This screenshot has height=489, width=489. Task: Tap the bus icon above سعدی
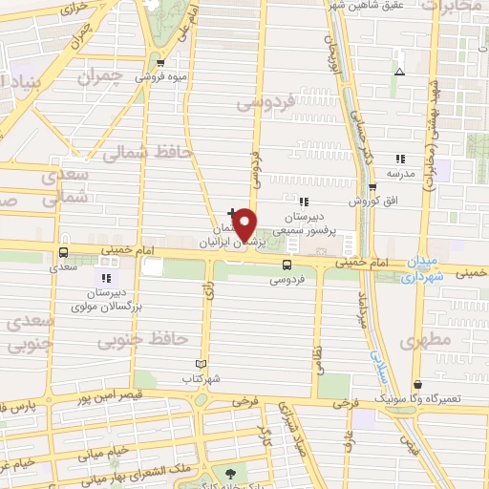pyautogui.click(x=63, y=253)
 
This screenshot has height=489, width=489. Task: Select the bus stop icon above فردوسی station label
pyautogui.click(x=287, y=265)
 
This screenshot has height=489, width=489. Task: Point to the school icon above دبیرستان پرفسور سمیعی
pyautogui.click(x=304, y=202)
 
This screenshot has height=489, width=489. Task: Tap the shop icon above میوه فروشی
pyautogui.click(x=160, y=64)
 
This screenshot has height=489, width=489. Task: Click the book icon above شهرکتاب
pyautogui.click(x=201, y=364)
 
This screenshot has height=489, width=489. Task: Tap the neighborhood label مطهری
pyautogui.click(x=424, y=341)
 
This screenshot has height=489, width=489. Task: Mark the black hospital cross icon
pyautogui.click(x=232, y=211)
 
